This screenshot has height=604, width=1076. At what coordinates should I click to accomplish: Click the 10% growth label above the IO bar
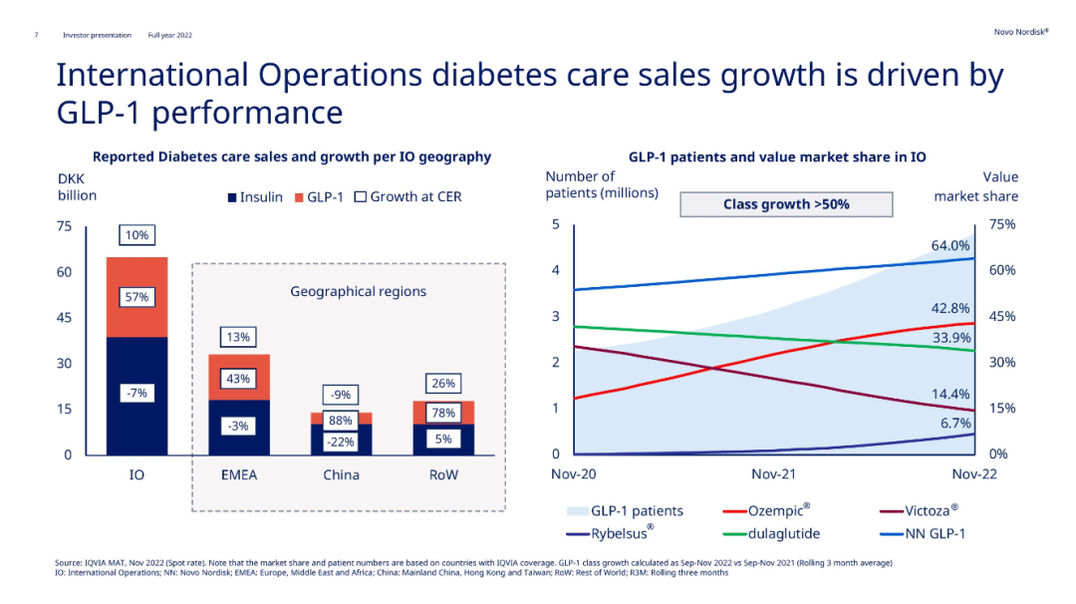tap(136, 235)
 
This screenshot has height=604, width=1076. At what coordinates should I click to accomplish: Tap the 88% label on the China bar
tap(341, 420)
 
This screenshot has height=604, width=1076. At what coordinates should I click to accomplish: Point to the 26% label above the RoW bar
tap(443, 384)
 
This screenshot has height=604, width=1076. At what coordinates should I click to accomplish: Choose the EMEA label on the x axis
tap(238, 474)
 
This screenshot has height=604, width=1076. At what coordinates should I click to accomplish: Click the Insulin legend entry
tap(256, 197)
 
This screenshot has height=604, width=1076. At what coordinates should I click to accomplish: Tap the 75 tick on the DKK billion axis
tap(64, 226)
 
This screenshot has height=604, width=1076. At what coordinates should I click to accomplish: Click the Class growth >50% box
tap(785, 204)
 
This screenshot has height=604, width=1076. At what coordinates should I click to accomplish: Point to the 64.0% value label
tap(950, 245)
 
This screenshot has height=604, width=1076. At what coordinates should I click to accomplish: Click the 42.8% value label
tap(950, 308)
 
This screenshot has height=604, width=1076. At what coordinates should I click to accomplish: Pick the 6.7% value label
tap(953, 423)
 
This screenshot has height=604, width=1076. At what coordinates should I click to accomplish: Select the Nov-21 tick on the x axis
tap(773, 474)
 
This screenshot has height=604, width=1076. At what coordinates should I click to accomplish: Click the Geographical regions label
tap(358, 291)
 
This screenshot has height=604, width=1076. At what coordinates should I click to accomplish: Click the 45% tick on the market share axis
tap(1002, 317)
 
